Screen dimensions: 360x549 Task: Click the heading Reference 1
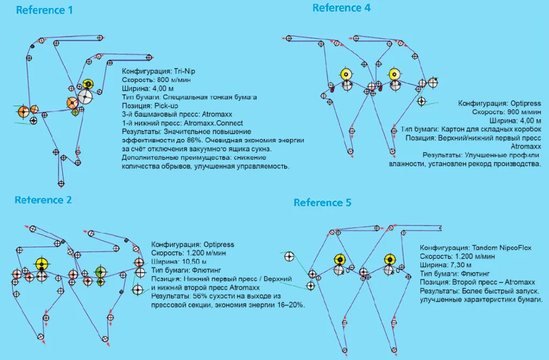click(x=44, y=10)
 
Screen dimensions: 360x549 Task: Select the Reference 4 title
click(x=341, y=8)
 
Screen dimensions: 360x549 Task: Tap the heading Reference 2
click(x=43, y=200)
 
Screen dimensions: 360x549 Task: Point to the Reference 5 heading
click(x=322, y=203)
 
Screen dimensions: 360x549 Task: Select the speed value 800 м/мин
click(x=169, y=80)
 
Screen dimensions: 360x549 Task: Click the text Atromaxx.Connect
click(x=213, y=123)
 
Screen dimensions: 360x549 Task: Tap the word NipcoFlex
click(x=519, y=248)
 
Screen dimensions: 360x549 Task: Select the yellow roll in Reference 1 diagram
click(x=88, y=84)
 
